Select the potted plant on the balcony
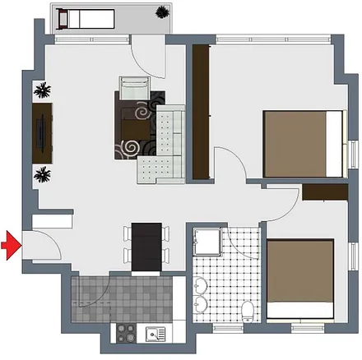pos(164,14)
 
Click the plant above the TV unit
pos(43,90)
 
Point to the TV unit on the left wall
pos(43,132)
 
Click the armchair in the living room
pos(134,86)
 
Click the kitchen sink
pos(154,334)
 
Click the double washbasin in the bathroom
pos(201,296)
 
